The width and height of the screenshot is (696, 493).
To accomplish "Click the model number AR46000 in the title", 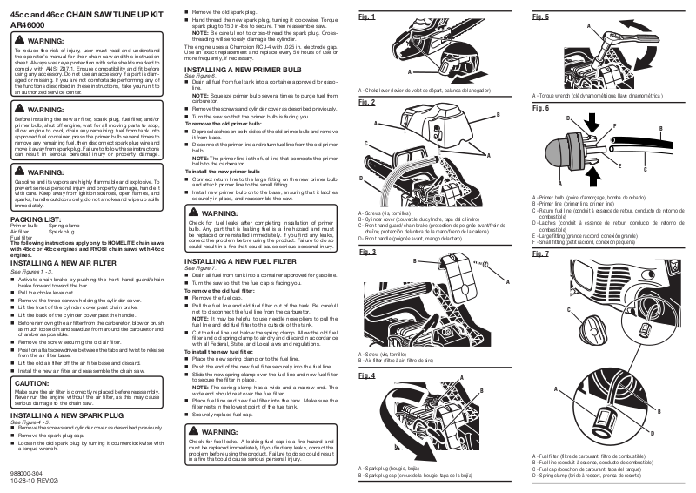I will click(26, 25).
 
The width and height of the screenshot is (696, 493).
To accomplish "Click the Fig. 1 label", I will click(367, 17).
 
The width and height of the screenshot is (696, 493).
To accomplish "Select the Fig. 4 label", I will click(367, 376).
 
